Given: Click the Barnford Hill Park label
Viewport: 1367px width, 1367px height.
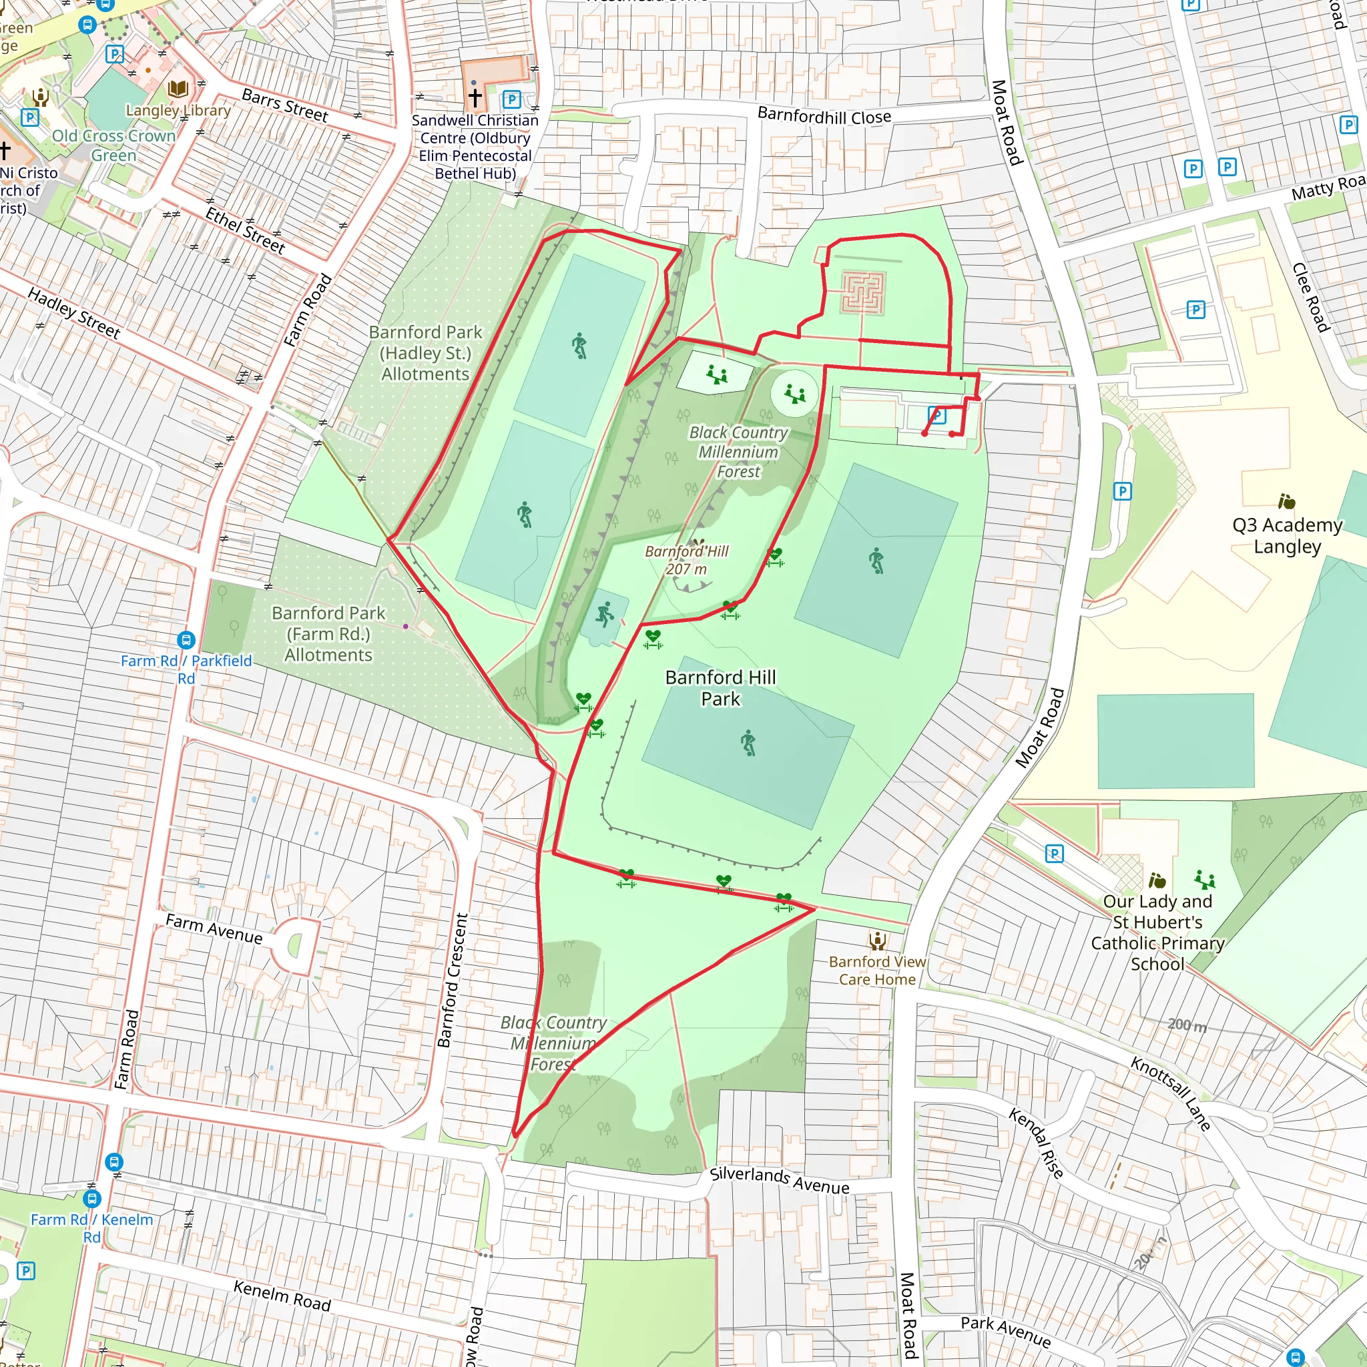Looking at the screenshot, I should click(720, 688).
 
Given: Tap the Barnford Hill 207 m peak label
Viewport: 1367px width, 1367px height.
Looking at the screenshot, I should click(686, 559).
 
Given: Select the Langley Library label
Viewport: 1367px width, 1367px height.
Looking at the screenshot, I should click(178, 110).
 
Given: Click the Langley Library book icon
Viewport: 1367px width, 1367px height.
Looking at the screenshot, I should click(178, 89).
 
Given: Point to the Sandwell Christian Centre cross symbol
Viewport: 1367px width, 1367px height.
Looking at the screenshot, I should click(475, 96).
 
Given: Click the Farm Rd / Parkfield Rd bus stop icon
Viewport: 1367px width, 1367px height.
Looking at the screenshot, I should click(186, 640).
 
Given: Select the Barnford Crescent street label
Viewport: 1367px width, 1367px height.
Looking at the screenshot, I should click(453, 980).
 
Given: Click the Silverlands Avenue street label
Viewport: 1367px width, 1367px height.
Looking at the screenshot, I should click(779, 1180).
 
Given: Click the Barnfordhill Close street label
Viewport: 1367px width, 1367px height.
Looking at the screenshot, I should click(824, 116).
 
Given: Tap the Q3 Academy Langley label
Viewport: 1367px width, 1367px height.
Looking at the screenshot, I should click(1286, 535).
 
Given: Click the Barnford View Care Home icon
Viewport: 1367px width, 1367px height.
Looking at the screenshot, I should click(877, 941).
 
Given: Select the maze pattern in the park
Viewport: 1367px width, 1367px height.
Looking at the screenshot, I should click(863, 293).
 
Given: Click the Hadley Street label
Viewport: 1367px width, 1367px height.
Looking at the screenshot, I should click(73, 313).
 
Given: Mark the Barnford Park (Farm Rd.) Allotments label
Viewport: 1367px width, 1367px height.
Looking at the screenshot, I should click(328, 634).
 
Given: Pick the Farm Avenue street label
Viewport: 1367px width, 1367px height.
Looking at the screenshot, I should click(214, 928).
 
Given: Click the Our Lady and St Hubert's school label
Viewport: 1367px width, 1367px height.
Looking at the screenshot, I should click(1157, 932).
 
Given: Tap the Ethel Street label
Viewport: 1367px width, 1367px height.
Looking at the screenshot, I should click(245, 231).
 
